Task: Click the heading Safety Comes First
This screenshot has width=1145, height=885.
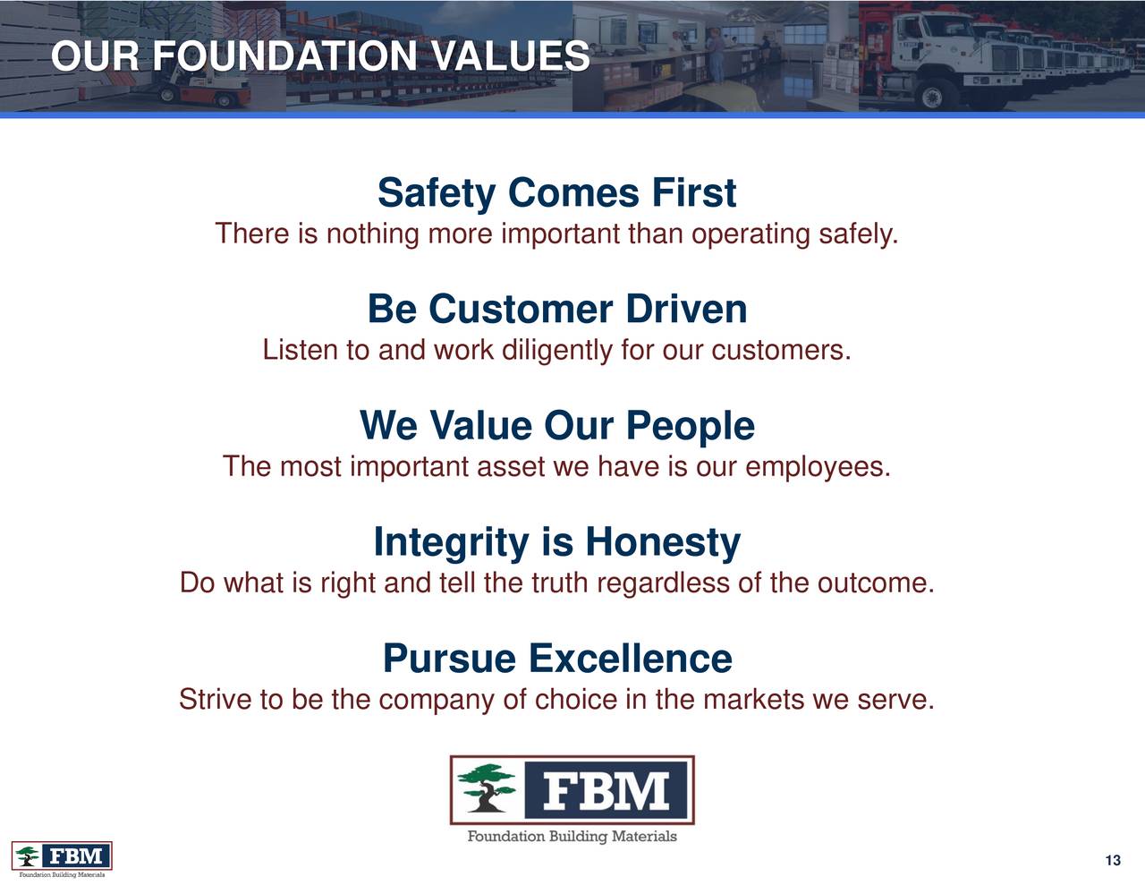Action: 556,193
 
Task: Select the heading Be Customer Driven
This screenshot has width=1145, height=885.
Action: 556,310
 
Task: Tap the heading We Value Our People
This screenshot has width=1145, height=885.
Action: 556,426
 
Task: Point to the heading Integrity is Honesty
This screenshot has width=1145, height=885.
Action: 556,542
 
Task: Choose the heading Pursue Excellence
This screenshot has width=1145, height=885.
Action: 556,659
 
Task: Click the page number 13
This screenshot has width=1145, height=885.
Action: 1113,861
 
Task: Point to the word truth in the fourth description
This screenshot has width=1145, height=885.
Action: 560,583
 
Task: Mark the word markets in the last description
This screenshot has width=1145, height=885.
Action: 754,699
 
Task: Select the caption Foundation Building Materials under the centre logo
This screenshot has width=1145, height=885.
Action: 572,837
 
